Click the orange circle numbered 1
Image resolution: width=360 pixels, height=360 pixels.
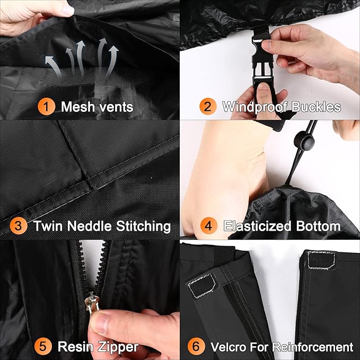[46, 107]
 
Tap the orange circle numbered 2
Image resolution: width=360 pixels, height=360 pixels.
[208, 107]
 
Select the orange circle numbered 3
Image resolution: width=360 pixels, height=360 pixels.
[19, 226]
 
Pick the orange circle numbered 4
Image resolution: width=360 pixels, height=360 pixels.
[209, 226]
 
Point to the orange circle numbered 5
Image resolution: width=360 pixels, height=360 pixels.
[43, 346]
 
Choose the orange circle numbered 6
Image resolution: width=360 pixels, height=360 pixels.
[196, 346]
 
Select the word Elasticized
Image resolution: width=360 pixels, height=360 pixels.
[258, 226]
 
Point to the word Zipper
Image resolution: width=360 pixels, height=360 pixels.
[118, 347]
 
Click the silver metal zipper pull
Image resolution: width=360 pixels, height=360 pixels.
[92, 303]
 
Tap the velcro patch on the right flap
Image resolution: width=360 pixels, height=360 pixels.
[321, 260]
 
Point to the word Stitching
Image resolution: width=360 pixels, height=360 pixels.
[143, 226]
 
